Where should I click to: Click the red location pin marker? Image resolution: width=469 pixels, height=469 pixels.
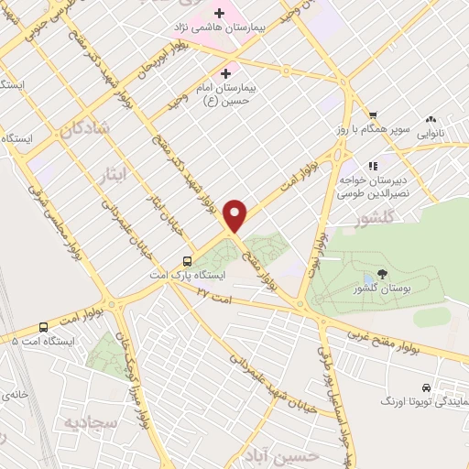(235, 216)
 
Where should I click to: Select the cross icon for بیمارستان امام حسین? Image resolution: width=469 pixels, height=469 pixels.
(225, 72)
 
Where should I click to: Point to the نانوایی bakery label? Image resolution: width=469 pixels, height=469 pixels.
(435, 133)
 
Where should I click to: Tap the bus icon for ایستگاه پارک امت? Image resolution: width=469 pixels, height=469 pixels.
(187, 259)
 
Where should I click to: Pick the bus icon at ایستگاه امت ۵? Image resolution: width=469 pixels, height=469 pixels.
(43, 327)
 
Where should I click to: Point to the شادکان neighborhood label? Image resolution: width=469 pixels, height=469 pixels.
(85, 131)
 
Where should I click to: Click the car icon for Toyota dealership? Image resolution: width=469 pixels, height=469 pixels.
(426, 387)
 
